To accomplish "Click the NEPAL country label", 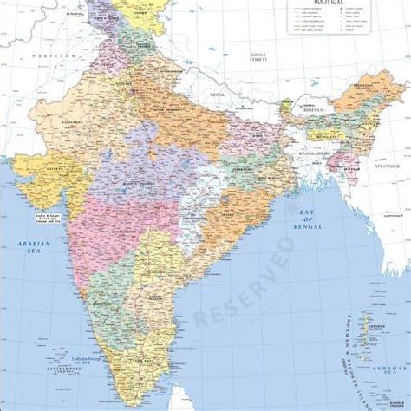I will coord(216,93).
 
